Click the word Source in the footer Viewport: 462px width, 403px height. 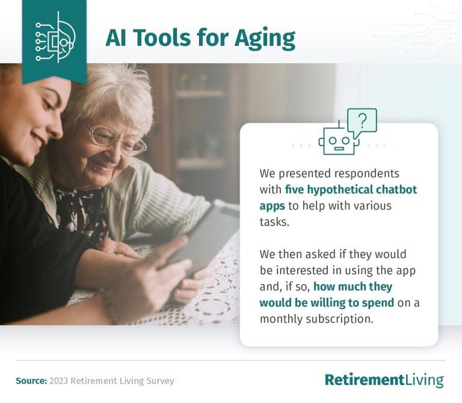point(30,381)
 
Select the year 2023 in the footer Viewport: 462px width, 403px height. point(60,381)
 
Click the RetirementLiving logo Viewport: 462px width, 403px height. point(384,380)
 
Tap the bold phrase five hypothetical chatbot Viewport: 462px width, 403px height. point(351,189)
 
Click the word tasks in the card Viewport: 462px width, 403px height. point(273,221)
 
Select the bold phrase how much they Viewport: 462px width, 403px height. point(353,286)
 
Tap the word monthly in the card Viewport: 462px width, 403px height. point(279,319)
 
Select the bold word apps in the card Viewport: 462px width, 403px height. point(272,206)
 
